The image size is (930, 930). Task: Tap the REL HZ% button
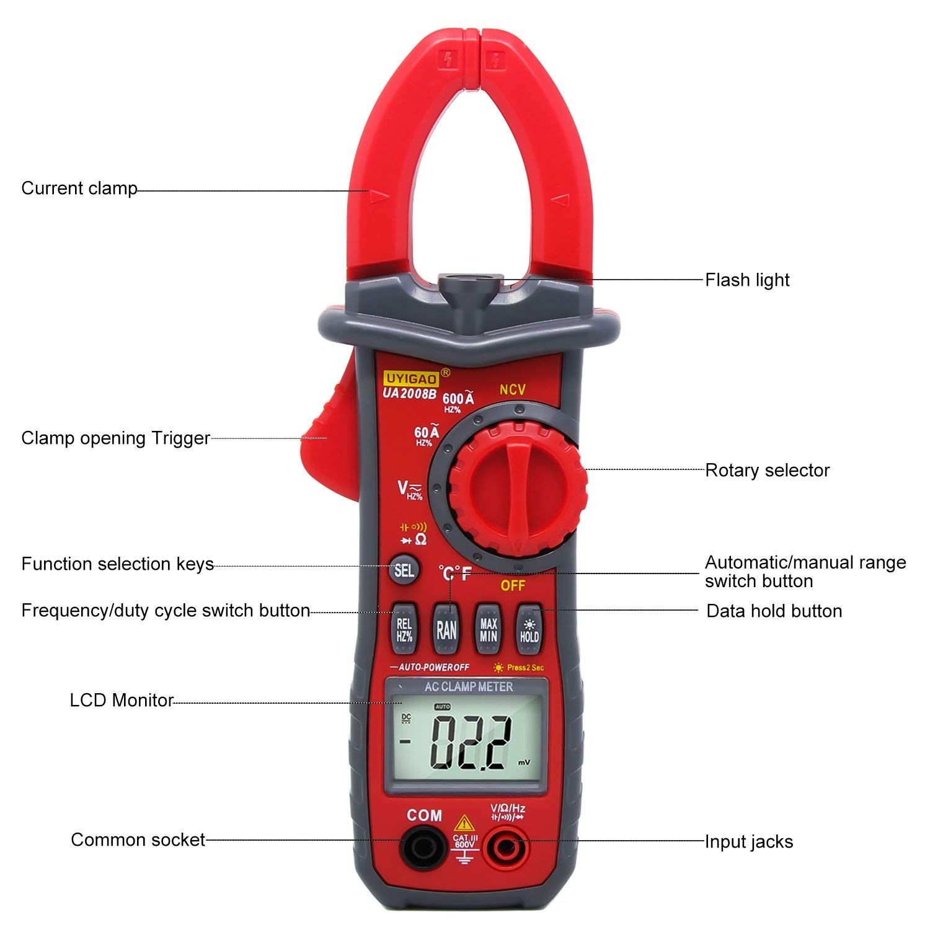pyautogui.click(x=404, y=629)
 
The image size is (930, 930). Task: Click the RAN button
pyautogui.click(x=446, y=629)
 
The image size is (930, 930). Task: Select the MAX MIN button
pyautogui.click(x=488, y=629)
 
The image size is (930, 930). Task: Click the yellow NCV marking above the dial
pyautogui.click(x=513, y=389)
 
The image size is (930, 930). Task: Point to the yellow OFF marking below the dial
pyautogui.click(x=513, y=585)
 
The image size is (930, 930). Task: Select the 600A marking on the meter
pyautogui.click(x=458, y=398)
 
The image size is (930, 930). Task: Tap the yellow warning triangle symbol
pyautogui.click(x=464, y=825)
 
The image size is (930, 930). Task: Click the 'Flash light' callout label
pyautogui.click(x=747, y=280)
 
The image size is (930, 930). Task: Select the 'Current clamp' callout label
pyautogui.click(x=79, y=188)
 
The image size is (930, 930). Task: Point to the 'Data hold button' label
pyautogui.click(x=774, y=611)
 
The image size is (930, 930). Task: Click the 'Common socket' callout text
pyautogui.click(x=138, y=839)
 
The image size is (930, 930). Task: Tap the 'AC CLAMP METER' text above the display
pyautogui.click(x=469, y=687)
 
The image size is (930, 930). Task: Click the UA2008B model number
pyautogui.click(x=409, y=393)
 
